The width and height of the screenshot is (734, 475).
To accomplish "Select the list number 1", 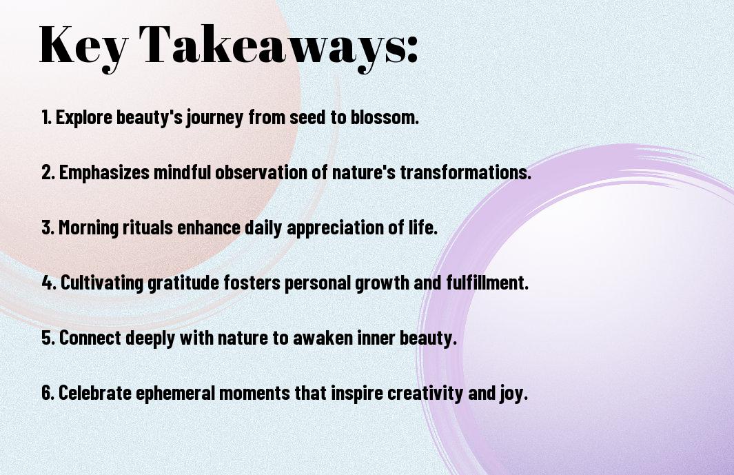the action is click(46, 117).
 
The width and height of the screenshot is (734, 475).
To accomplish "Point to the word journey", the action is click(215, 118).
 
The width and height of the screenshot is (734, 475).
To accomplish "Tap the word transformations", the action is click(465, 172).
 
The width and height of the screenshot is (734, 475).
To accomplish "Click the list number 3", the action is click(48, 228).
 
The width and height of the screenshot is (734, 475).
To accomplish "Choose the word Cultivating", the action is click(102, 283).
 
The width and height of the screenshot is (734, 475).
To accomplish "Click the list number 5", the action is click(48, 338).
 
